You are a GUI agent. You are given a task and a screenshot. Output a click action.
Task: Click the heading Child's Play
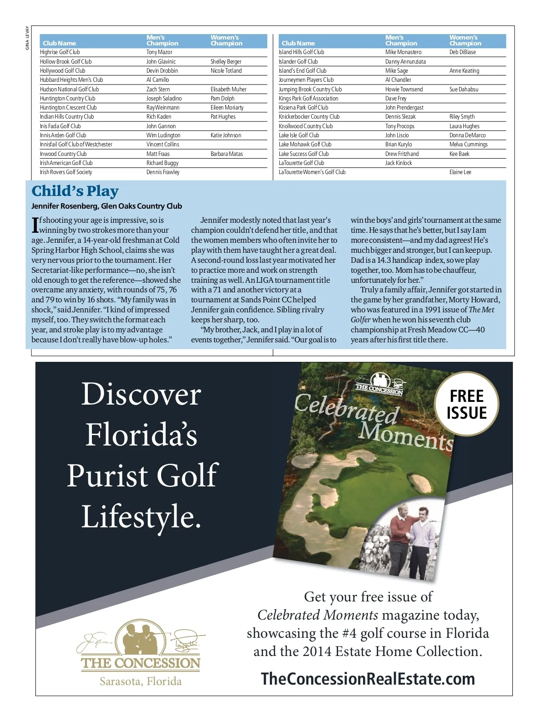(x=75, y=191)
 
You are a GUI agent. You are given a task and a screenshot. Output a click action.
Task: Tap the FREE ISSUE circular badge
(x=466, y=404)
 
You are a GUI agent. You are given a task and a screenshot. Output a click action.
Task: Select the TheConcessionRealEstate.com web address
(x=368, y=679)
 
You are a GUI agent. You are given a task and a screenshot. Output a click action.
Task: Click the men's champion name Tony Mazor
(x=159, y=52)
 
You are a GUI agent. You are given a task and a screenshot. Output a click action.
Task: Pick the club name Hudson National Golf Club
(x=69, y=90)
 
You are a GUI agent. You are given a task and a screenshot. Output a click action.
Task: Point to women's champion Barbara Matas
(x=227, y=154)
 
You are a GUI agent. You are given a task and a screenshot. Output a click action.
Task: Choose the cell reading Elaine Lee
(x=460, y=172)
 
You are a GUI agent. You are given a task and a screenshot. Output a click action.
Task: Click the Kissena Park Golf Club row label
(x=303, y=108)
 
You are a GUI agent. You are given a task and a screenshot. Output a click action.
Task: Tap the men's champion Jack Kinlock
(x=398, y=163)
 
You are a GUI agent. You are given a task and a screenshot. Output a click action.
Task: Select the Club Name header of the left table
(x=59, y=43)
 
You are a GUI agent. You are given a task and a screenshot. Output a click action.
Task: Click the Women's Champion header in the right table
(x=465, y=40)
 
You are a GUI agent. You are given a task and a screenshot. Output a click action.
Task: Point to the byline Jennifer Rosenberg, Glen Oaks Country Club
(x=106, y=206)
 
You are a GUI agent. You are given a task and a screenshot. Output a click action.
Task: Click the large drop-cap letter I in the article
(x=35, y=225)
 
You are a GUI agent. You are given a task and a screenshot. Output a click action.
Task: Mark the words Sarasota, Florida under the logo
(x=141, y=681)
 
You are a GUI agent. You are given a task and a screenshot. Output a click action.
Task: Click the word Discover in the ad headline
(x=141, y=394)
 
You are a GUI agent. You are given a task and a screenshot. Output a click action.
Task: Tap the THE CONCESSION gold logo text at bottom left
(x=141, y=663)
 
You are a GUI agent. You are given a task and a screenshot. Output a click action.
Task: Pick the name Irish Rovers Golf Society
(x=66, y=172)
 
